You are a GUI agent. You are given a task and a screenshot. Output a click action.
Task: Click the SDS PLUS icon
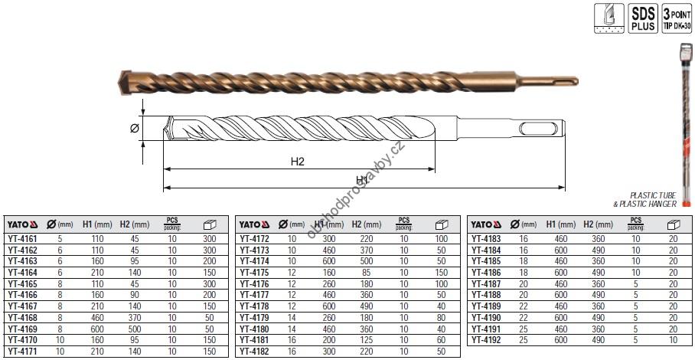pyautogui.click(x=643, y=18)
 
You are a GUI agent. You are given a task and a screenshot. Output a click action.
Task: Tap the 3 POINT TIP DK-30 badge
pyautogui.click(x=677, y=18)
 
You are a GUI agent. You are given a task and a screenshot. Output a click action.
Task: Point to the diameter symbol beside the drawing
pyautogui.click(x=135, y=129)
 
